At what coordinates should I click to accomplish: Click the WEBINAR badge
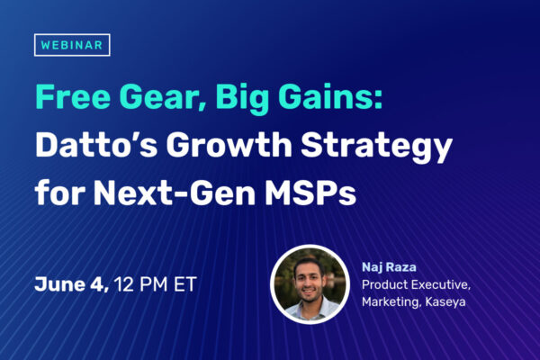(72, 45)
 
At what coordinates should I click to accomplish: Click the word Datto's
(96, 145)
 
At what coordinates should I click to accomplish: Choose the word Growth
(229, 145)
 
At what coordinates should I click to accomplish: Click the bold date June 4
(72, 285)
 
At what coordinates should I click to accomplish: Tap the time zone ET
(185, 284)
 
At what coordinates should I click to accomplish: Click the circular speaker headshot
(310, 284)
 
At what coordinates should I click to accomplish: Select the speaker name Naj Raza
(389, 267)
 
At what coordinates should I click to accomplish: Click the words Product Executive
(416, 285)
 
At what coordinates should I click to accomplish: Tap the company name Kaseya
(445, 302)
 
